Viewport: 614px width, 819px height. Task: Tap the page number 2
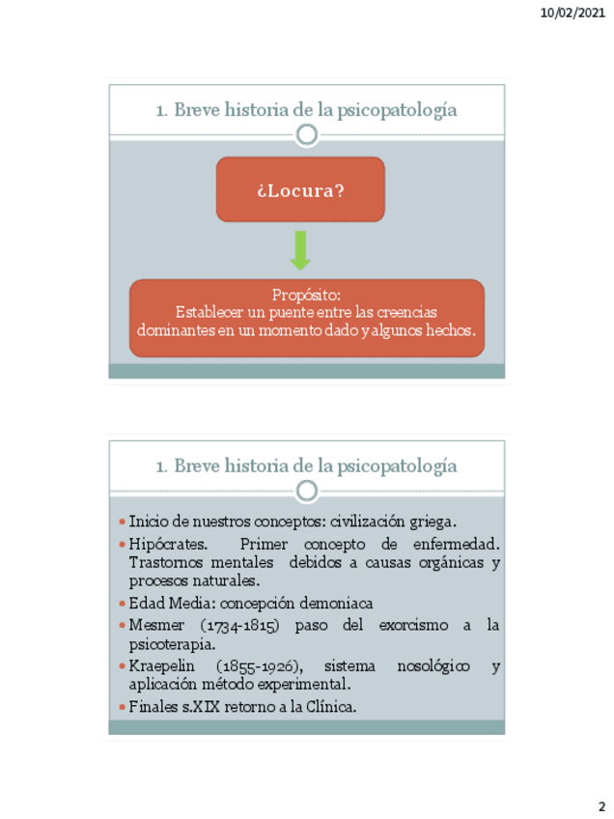point(600,806)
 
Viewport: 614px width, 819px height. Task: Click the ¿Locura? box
point(300,190)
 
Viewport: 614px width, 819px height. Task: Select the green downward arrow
point(300,250)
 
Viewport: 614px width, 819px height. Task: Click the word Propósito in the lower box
point(306,295)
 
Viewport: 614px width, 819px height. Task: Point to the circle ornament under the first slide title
point(307,134)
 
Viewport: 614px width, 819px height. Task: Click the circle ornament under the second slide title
point(307,491)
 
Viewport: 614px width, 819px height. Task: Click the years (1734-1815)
point(236,625)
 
